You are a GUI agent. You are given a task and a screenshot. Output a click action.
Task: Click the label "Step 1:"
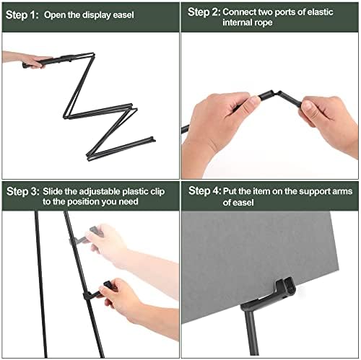[23, 14]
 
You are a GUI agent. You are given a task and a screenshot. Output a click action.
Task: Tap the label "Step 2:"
[203, 12]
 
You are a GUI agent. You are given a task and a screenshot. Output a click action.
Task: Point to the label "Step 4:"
[203, 191]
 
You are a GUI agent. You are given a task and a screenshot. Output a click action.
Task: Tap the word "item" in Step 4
[261, 191]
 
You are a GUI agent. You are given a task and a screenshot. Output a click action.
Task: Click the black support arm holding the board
[271, 296]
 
